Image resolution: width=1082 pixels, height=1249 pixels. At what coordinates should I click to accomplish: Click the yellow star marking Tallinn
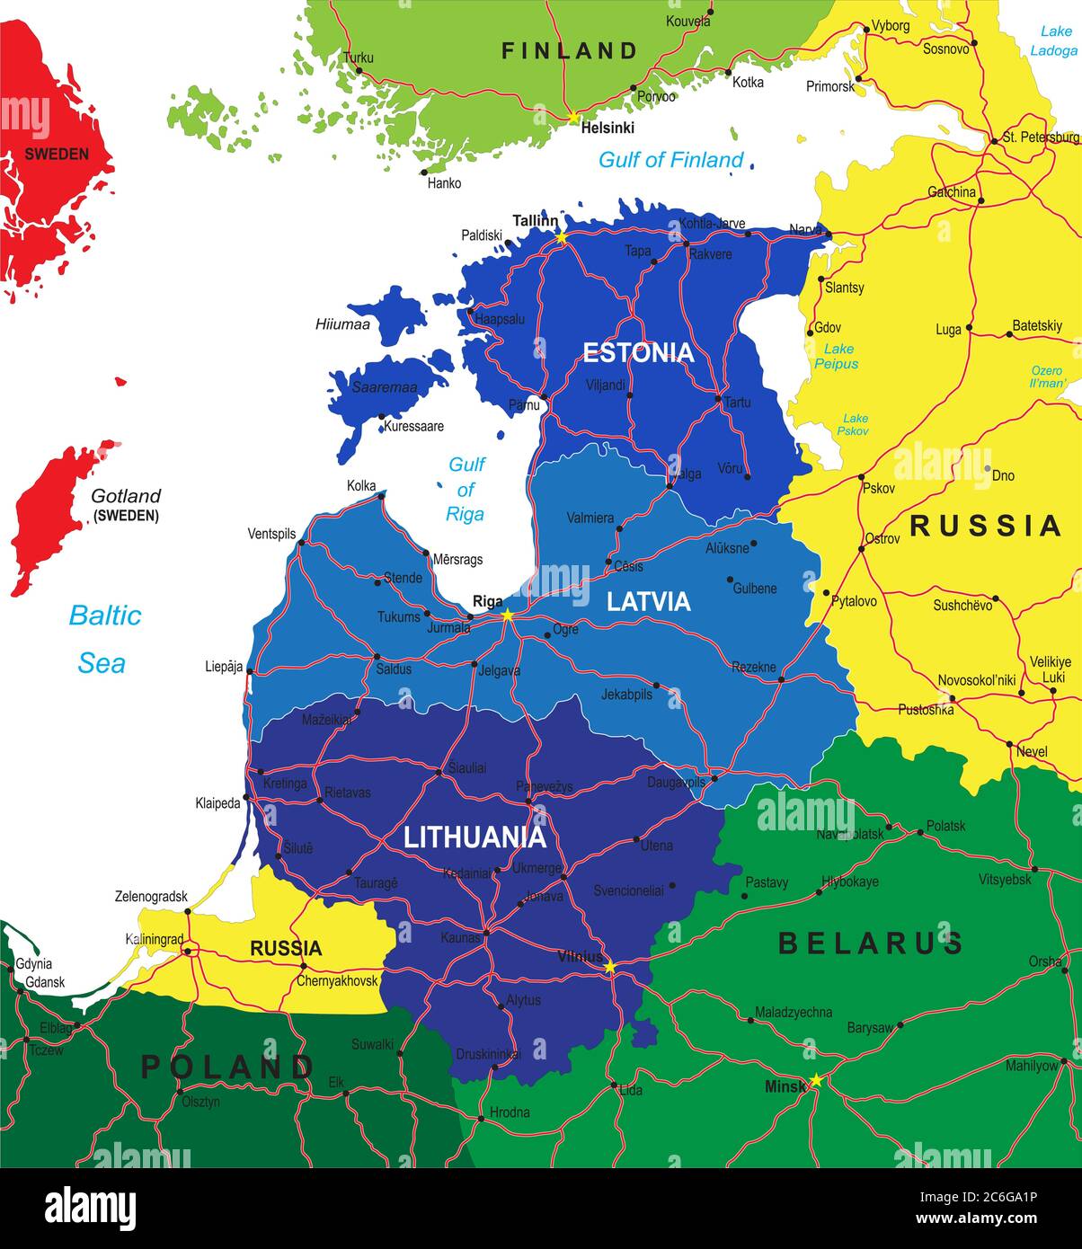[x=562, y=237]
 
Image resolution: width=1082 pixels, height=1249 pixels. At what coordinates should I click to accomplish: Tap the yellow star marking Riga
[x=508, y=616]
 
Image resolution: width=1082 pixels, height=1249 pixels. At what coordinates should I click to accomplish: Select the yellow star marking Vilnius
[x=610, y=967]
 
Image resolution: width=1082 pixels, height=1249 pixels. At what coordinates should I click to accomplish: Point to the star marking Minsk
[x=816, y=1080]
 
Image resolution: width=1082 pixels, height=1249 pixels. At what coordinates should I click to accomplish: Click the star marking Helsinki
[x=573, y=118]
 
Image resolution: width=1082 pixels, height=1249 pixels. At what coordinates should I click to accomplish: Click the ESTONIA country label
[x=639, y=352]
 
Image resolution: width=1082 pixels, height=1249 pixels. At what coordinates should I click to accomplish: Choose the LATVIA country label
[x=648, y=601]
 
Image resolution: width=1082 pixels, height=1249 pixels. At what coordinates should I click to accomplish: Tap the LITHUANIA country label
[x=474, y=837]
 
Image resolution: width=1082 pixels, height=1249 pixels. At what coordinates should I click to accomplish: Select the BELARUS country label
[x=871, y=943]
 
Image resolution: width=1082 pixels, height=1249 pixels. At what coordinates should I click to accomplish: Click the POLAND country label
[x=227, y=1067]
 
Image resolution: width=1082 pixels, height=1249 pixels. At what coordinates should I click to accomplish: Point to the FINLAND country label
[x=570, y=51]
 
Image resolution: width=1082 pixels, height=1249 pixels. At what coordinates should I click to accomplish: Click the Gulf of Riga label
[x=466, y=489]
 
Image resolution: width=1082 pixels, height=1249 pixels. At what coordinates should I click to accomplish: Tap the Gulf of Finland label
[x=671, y=160]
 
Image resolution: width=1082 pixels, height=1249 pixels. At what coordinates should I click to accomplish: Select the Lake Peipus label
[x=836, y=356]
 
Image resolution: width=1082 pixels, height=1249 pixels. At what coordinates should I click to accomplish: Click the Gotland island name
[x=126, y=496]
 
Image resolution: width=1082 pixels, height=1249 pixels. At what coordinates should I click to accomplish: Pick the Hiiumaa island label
[x=342, y=324]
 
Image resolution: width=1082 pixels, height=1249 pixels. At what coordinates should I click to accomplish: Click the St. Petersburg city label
[x=1041, y=137]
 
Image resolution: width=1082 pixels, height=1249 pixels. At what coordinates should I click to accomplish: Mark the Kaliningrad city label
[x=155, y=939]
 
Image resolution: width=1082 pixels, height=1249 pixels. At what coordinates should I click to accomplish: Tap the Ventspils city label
[x=271, y=534]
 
